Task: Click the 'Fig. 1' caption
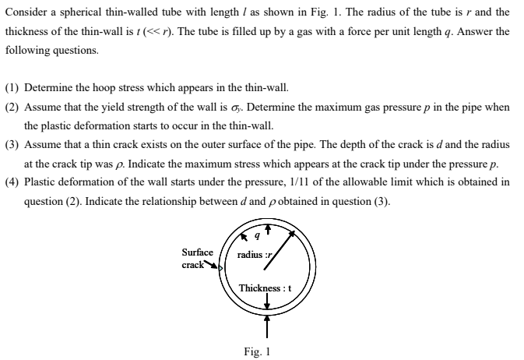[x=258, y=351]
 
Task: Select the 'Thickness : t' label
[x=266, y=288]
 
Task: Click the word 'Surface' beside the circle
[x=197, y=252]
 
